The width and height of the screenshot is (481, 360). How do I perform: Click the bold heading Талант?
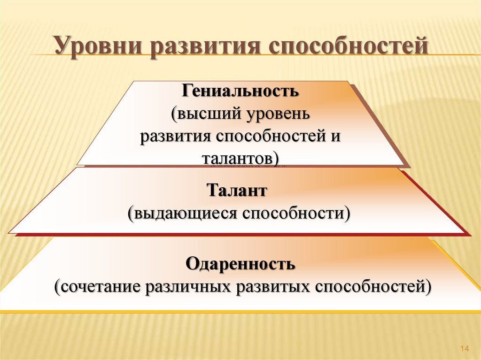(237, 191)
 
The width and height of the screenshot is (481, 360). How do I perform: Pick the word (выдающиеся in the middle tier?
(181, 214)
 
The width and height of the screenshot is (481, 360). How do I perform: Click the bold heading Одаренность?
(240, 264)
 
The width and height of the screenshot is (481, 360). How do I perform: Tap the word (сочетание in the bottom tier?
(97, 286)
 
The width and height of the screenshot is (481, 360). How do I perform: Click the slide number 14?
(465, 348)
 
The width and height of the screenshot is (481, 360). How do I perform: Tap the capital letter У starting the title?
(61, 47)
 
